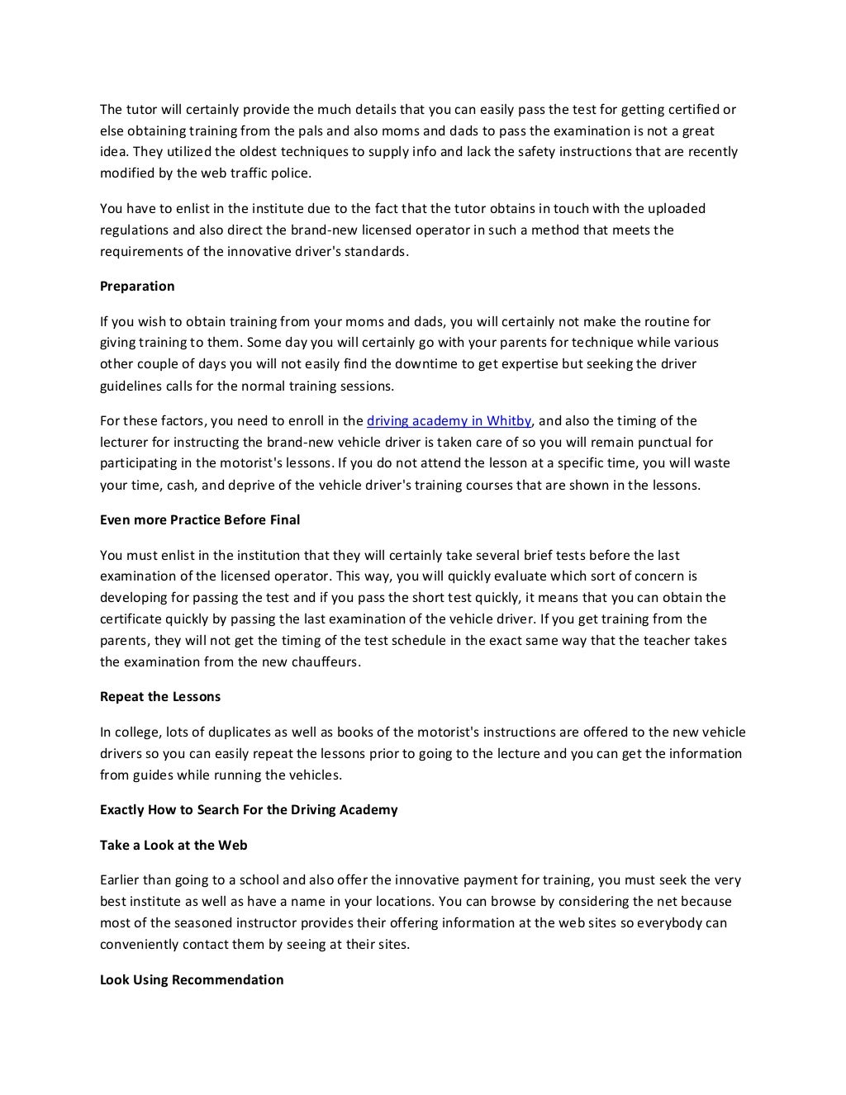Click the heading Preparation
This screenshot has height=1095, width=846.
(137, 287)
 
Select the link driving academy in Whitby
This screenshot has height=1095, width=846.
(449, 421)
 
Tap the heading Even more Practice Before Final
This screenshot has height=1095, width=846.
(200, 520)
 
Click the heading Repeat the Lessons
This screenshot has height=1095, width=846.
(160, 697)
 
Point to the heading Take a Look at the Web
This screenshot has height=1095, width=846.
(173, 846)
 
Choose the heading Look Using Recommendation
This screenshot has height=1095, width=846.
(192, 980)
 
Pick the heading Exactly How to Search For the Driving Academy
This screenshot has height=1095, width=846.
(249, 810)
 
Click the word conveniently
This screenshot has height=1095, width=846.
(137, 945)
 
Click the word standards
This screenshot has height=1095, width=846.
(377, 252)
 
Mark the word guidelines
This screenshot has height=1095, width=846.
(133, 386)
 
